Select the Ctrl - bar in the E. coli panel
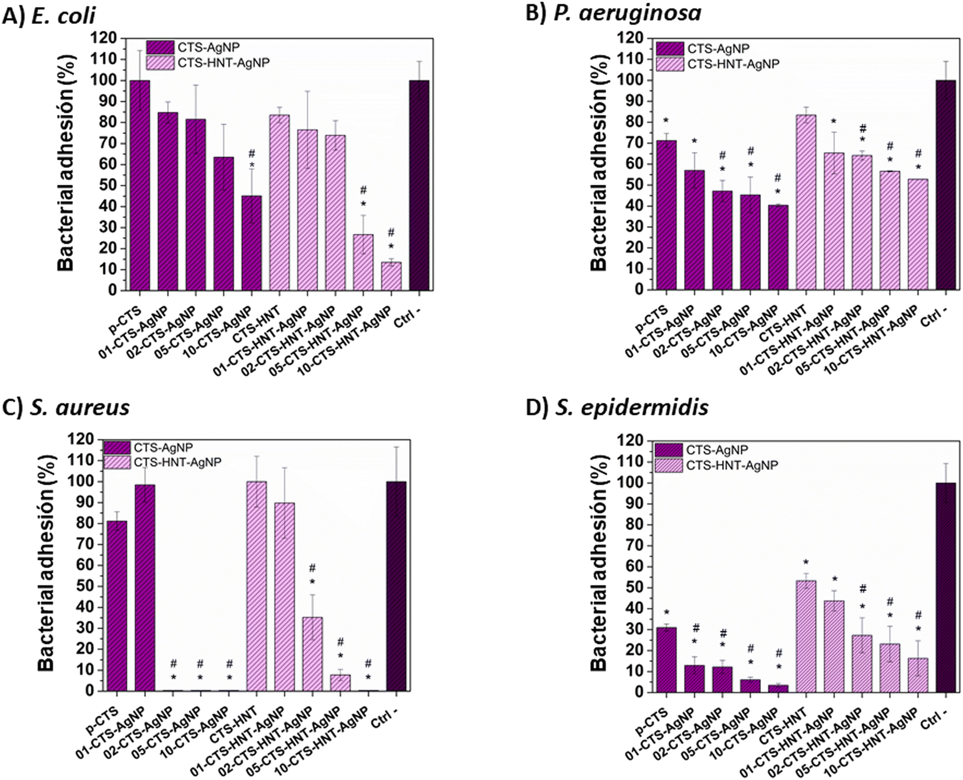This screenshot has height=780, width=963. pyautogui.click(x=419, y=185)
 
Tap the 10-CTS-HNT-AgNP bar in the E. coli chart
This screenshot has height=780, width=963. pyautogui.click(x=391, y=276)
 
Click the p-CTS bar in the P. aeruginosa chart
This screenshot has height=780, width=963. pyautogui.click(x=667, y=215)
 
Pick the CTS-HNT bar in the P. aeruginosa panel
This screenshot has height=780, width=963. pyautogui.click(x=806, y=202)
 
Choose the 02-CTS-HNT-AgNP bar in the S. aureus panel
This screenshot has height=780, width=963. pyautogui.click(x=313, y=654)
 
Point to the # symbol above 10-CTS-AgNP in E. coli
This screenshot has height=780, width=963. pyautogui.click(x=252, y=154)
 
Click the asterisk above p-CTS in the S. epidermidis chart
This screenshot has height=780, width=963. pyautogui.click(x=667, y=613)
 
